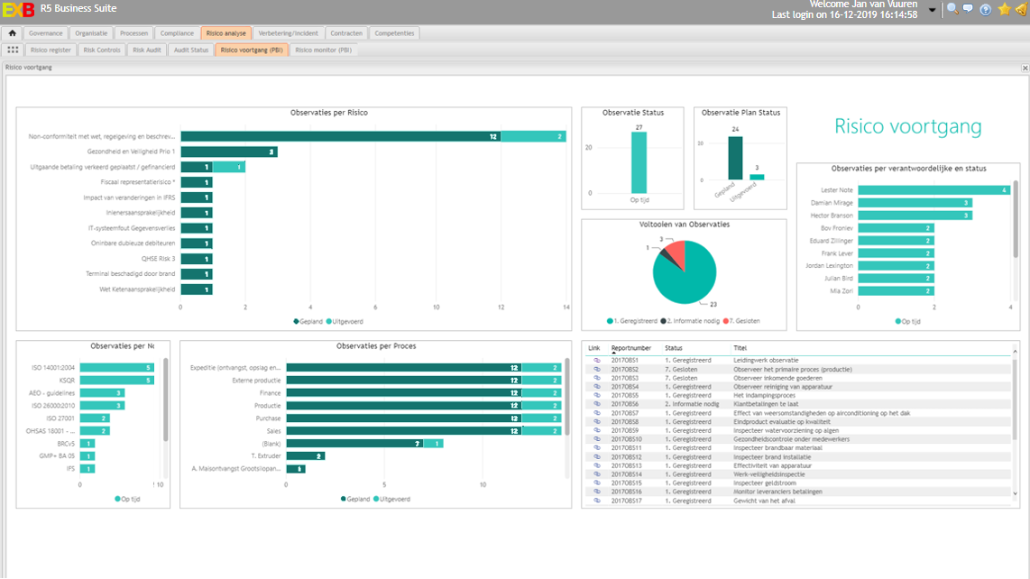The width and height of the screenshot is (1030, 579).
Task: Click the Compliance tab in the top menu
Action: [177, 33]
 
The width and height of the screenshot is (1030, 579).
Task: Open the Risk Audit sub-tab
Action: [147, 51]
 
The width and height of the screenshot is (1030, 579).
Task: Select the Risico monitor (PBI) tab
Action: [323, 51]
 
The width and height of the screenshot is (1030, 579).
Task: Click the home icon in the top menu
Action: [13, 33]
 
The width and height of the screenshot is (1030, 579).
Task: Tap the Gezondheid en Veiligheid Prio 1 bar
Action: [228, 152]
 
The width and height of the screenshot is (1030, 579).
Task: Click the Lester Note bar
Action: [933, 190]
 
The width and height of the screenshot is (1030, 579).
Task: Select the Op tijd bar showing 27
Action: [639, 162]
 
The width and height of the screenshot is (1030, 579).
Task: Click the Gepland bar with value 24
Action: [735, 159]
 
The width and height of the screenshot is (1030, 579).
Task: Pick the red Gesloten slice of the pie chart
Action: [676, 253]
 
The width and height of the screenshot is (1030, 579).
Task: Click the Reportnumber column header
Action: [630, 348]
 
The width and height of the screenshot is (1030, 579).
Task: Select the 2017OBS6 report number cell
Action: [625, 404]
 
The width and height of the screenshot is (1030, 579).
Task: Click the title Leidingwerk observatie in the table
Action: [766, 360]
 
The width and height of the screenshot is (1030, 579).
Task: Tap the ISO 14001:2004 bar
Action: [116, 367]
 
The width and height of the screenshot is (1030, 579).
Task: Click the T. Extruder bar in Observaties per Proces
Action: [306, 456]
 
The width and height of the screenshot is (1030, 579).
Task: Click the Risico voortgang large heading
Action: [907, 127]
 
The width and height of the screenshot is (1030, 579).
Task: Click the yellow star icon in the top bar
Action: [1004, 10]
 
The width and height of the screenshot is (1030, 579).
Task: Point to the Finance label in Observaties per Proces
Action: [270, 393]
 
